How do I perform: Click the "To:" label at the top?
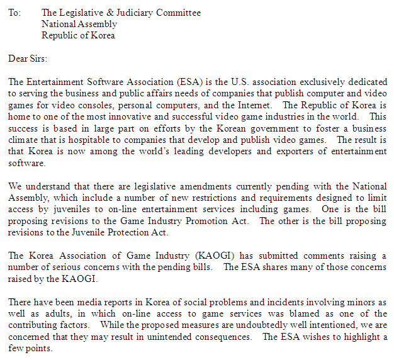14,13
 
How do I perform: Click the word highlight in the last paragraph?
359,336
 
